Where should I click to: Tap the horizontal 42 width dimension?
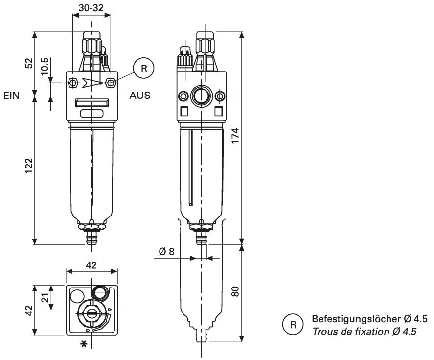tap(91, 265)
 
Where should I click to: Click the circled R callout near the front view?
tap(143, 68)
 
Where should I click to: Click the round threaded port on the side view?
tap(202, 96)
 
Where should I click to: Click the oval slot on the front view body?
tap(92, 114)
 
